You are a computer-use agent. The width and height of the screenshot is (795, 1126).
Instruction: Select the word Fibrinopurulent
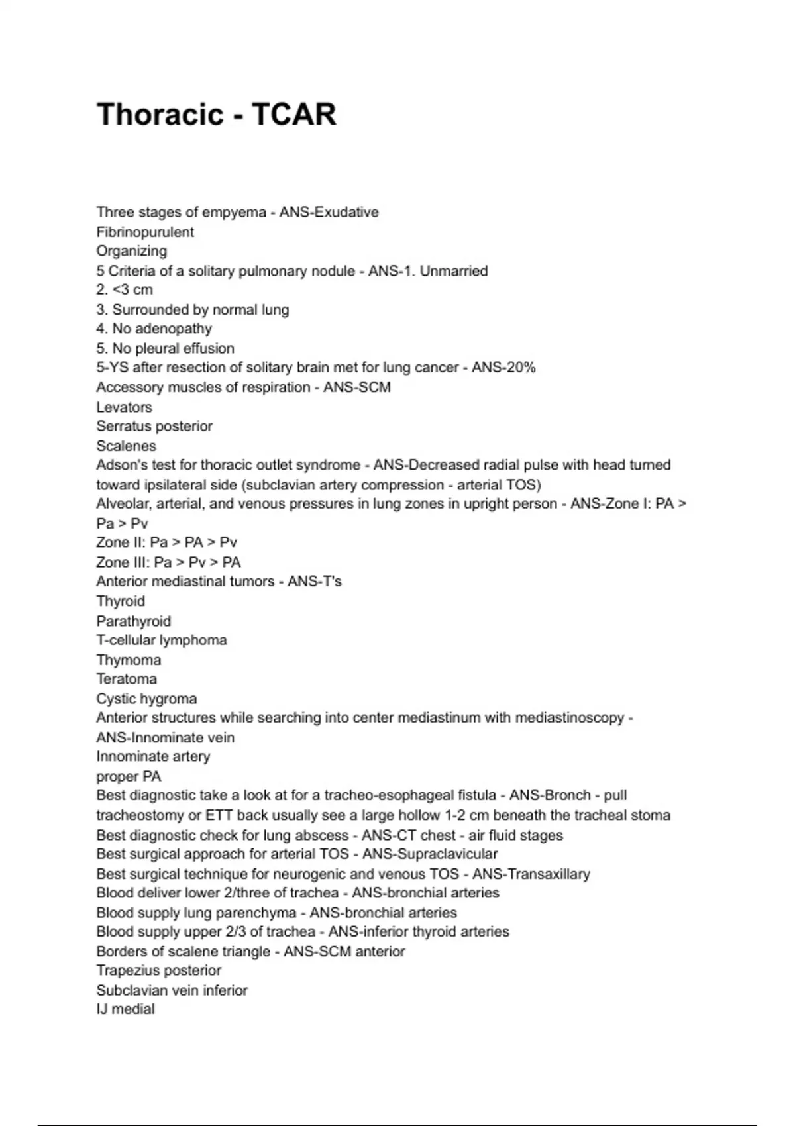coord(145,232)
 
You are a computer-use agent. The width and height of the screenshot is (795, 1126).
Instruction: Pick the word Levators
coord(124,407)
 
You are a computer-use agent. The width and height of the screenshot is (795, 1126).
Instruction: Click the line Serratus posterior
coord(154,427)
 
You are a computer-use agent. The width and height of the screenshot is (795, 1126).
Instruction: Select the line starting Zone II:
coord(166,542)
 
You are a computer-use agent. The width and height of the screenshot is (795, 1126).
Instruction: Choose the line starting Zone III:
coord(168,562)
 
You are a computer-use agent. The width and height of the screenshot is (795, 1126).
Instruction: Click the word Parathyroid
coord(133,621)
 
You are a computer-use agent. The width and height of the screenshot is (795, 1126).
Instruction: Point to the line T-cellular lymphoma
coord(162,640)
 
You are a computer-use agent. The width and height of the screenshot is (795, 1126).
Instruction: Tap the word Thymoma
coord(129,660)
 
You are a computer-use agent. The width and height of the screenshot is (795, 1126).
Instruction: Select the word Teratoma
coord(127,679)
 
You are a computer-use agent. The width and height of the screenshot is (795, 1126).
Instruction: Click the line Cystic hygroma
coord(146,699)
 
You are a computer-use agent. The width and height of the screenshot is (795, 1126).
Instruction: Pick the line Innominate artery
coord(153,756)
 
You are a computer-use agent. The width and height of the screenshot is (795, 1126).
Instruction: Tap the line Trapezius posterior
coord(158,970)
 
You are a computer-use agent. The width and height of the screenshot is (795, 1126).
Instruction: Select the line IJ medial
coord(125,1009)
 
